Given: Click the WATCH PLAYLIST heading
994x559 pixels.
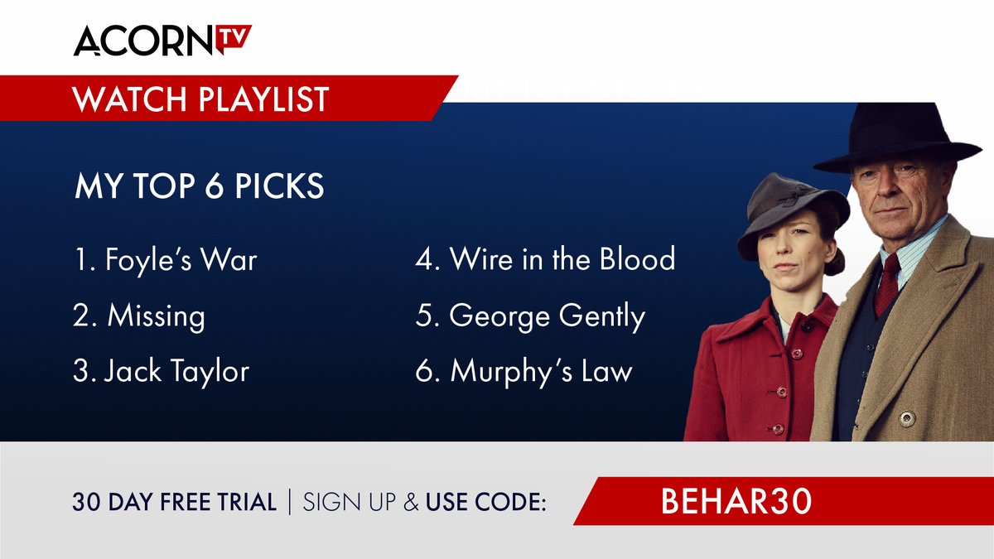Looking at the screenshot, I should pyautogui.click(x=200, y=99).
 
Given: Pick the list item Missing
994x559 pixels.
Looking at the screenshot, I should pyautogui.click(x=139, y=316).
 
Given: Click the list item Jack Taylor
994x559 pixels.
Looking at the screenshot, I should pyautogui.click(x=161, y=371).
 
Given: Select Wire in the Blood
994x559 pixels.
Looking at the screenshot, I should pyautogui.click(x=545, y=259).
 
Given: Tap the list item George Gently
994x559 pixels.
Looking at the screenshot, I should pyautogui.click(x=530, y=316).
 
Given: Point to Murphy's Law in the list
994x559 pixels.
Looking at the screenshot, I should pyautogui.click(x=524, y=371).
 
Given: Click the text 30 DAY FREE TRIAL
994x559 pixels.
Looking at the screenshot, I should pyautogui.click(x=174, y=503).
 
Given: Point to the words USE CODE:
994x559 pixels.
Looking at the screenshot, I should pyautogui.click(x=486, y=503).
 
